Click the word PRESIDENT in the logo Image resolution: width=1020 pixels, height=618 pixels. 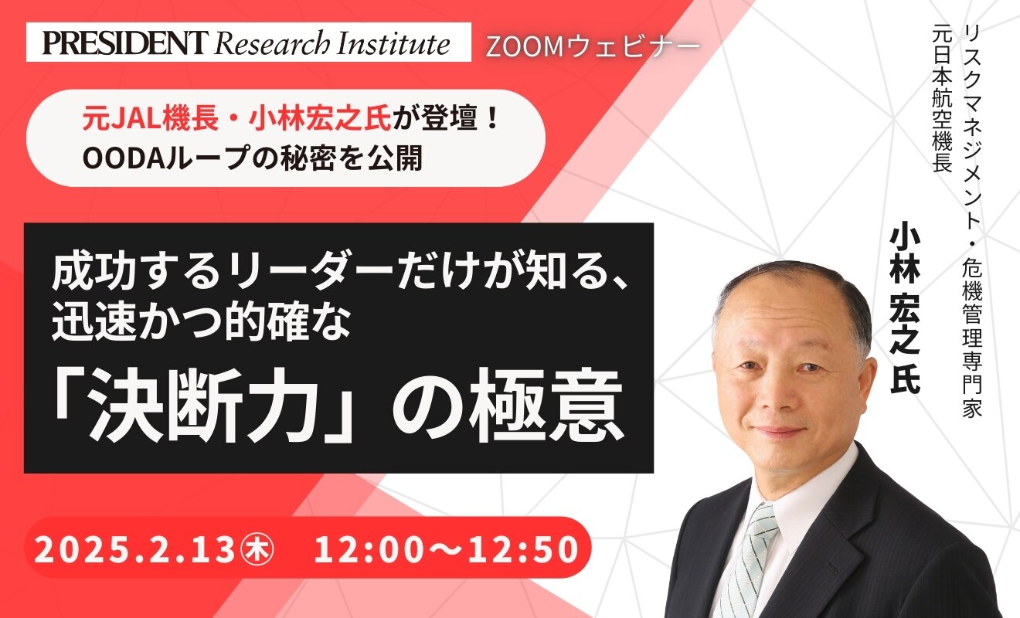tap(125, 43)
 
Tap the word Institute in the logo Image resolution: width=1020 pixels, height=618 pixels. tap(393, 43)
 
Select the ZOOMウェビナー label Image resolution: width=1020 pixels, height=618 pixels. tap(593, 47)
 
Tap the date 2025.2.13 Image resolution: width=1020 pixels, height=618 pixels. tap(134, 549)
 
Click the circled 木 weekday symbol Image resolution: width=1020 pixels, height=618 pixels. tap(258, 550)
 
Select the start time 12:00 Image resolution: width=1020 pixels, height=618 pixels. tap(369, 549)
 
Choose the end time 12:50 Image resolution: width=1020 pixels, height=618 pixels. tap(524, 549)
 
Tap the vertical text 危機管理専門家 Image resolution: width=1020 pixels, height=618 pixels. tap(972, 339)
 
